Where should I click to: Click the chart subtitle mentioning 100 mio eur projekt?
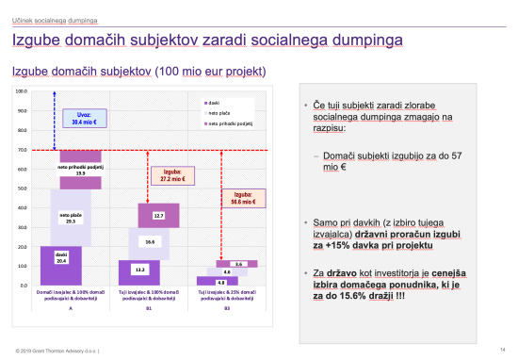pos(138,72)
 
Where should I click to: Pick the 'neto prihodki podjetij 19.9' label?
pos(80,171)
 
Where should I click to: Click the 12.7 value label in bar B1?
pos(159,216)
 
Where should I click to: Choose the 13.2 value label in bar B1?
pos(138,270)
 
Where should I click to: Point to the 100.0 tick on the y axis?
pos(21,91)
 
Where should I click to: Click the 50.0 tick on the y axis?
pos(22,188)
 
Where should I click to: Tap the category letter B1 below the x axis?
pos(149,306)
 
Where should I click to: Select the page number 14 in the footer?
pos(503,351)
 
